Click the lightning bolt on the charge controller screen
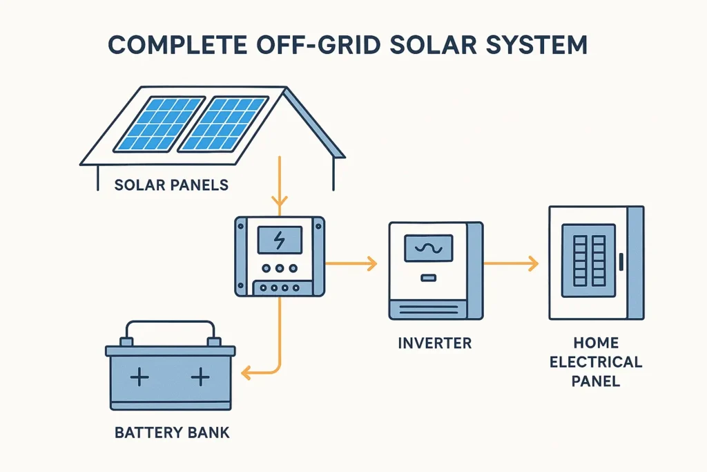coord(280,240)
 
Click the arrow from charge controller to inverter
coord(351,263)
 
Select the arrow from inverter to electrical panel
coord(511,263)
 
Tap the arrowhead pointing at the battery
coord(247,374)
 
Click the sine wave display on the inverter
coord(428,248)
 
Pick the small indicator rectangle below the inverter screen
coord(428,279)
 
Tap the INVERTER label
coord(435,343)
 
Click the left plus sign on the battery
coord(140,377)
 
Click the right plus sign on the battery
coord(200,377)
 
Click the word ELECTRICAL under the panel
coord(596,361)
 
